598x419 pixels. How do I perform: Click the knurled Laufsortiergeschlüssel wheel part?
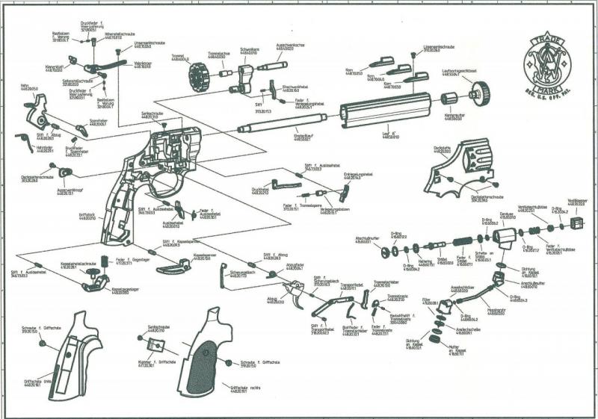pyautogui.click(x=479, y=93)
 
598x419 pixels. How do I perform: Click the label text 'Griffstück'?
pyautogui.click(x=87, y=216)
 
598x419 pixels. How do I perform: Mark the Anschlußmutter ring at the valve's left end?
pyautogui.click(x=386, y=251)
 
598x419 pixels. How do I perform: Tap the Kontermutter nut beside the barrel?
pyautogui.click(x=449, y=99)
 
